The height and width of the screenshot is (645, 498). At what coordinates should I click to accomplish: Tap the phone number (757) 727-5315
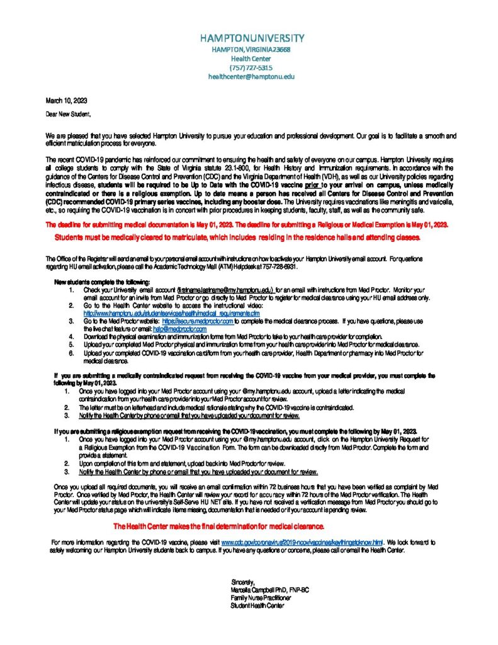click(250, 67)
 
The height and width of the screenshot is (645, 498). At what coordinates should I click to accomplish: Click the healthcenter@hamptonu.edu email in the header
click(251, 76)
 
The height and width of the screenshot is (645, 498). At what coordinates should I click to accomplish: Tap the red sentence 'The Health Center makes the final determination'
click(218, 526)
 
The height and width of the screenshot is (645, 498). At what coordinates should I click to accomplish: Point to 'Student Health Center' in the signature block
click(257, 606)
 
